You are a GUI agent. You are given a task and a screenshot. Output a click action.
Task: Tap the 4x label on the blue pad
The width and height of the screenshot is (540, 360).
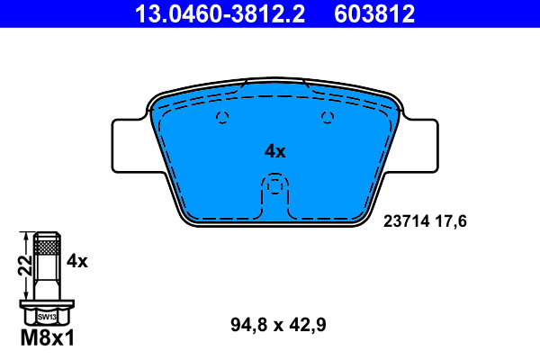pos(274,152)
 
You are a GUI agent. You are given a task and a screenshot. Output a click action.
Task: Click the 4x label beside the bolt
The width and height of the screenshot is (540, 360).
pos(76,262)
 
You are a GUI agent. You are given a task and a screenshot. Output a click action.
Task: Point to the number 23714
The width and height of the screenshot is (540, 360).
pos(408,220)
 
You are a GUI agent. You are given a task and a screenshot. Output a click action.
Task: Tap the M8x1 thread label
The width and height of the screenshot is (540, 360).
pos(46,339)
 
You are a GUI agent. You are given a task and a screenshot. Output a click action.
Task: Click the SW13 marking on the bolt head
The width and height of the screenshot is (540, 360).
pos(46,317)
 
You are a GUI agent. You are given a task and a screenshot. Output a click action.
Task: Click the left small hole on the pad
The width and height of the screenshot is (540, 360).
pos(224,115)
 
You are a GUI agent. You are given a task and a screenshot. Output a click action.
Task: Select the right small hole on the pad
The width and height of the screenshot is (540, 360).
pos(327,115)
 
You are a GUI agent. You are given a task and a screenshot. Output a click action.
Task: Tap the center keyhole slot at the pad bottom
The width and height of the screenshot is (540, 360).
pos(274,190)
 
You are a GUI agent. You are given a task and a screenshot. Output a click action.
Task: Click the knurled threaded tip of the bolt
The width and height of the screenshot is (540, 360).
pos(46,244)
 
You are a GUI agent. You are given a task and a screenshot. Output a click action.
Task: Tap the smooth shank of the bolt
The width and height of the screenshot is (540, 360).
pos(46,279)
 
